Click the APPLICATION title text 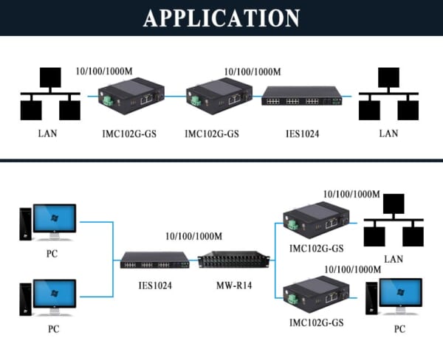[x=221, y=18]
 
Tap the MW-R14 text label [x=233, y=284]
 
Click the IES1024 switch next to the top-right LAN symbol [x=302, y=97]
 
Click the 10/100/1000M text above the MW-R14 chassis [x=193, y=237]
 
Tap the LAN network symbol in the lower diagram [x=394, y=221]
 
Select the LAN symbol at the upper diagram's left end [x=49, y=95]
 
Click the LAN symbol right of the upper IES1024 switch [x=388, y=96]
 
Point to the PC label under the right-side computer [x=399, y=329]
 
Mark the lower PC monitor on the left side [x=54, y=297]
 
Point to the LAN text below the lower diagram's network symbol [x=394, y=259]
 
